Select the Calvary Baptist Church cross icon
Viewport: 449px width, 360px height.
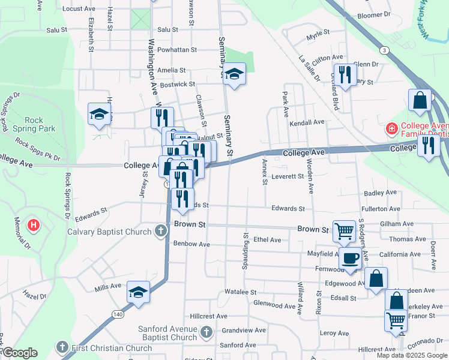pyautogui.click(x=160, y=231)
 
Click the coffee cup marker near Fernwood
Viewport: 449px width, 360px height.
pyautogui.click(x=350, y=258)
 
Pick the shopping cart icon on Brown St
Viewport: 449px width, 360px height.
pyautogui.click(x=344, y=230)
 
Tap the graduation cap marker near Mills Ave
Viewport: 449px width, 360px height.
pyautogui.click(x=138, y=293)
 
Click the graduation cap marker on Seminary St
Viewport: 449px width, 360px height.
pyautogui.click(x=234, y=74)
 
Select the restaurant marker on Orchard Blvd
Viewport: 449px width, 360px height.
pyautogui.click(x=345, y=75)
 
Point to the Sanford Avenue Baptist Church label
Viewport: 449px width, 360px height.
pyautogui.click(x=167, y=333)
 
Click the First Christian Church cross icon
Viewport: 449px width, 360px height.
pyautogui.click(x=62, y=347)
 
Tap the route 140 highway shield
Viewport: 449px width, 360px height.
pyautogui.click(x=118, y=314)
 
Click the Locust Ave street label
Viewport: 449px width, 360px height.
pyautogui.click(x=79, y=9)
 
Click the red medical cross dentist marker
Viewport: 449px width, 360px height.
pyautogui.click(x=391, y=128)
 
